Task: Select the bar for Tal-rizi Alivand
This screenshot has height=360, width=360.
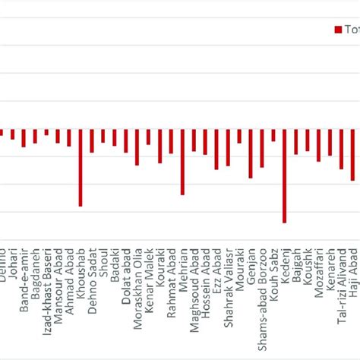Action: coord(342,149)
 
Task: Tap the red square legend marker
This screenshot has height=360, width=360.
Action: coord(338,30)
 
